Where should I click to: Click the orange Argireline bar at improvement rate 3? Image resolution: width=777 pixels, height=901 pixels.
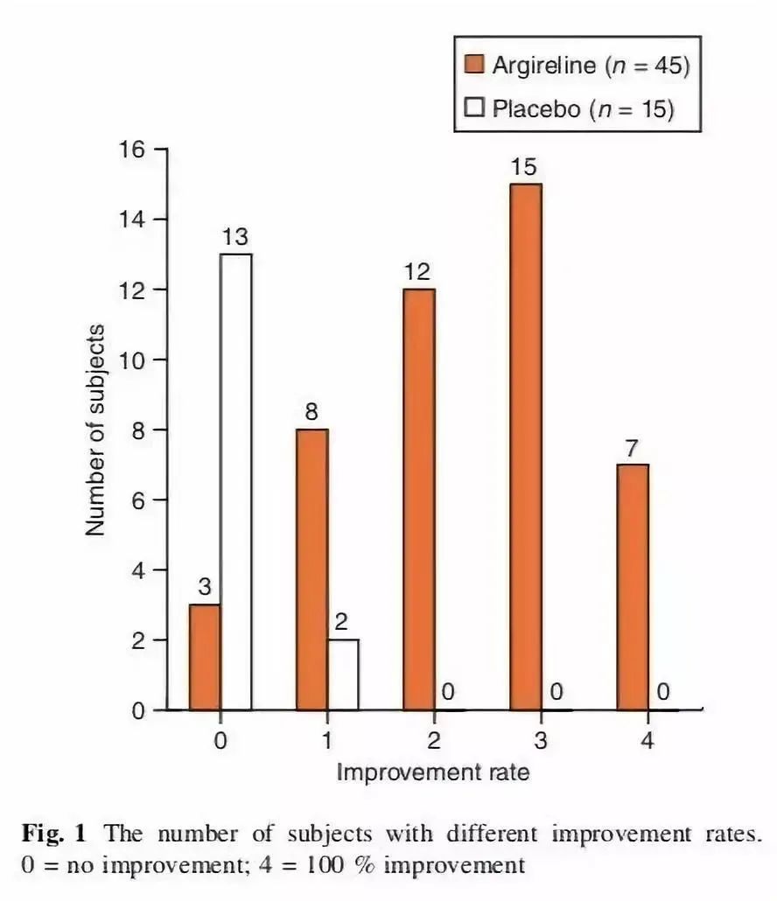click(x=526, y=447)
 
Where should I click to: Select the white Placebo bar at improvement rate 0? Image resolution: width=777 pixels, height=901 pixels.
click(x=235, y=482)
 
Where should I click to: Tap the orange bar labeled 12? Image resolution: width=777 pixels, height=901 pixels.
click(x=419, y=499)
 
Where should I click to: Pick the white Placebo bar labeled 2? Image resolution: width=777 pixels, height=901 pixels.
click(x=343, y=674)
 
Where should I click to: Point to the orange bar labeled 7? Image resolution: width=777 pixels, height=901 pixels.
click(x=633, y=587)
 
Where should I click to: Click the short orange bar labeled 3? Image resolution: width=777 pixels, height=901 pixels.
click(x=205, y=657)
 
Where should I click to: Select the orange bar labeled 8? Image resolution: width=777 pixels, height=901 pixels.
click(x=312, y=569)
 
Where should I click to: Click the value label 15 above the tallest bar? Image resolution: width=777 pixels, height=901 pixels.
click(x=524, y=167)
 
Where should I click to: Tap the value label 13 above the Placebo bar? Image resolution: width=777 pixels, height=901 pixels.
click(x=235, y=237)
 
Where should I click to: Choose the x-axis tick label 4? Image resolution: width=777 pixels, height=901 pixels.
click(x=647, y=741)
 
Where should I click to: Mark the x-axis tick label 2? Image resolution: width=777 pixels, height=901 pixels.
click(x=433, y=741)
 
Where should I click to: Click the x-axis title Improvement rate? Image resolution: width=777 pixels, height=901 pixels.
click(x=432, y=772)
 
